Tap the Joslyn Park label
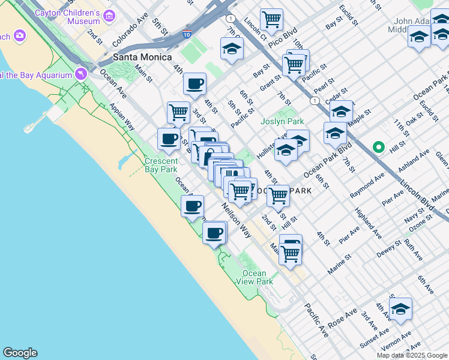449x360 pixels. tap(282, 121)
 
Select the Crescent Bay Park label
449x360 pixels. tap(161, 165)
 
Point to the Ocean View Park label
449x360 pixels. tap(258, 277)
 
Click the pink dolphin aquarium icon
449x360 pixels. tap(80, 74)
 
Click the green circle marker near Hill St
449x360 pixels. tap(378, 146)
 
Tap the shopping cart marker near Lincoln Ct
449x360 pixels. tap(271, 20)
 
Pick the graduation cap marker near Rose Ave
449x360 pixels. tap(400, 309)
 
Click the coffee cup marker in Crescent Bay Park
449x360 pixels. tap(192, 207)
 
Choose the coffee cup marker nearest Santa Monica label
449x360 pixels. tap(194, 84)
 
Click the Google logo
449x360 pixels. tap(20, 353)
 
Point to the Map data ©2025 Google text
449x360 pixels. tap(412, 355)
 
